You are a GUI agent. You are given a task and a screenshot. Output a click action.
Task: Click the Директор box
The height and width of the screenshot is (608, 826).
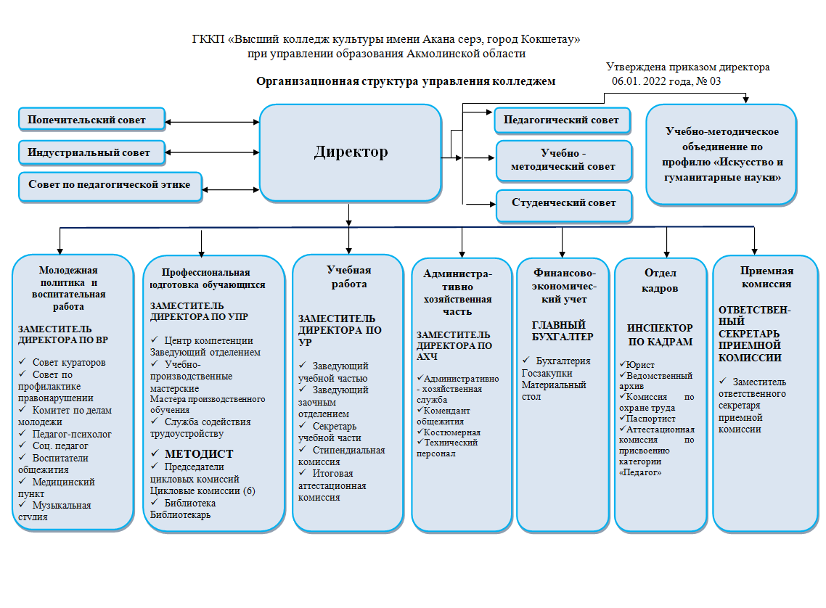(351, 152)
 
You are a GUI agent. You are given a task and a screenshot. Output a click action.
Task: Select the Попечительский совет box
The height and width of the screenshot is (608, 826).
(91, 120)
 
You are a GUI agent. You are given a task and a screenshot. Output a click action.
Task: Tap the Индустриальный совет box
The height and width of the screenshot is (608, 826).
(91, 152)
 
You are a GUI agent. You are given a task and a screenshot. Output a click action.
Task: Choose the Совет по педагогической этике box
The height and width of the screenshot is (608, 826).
(110, 185)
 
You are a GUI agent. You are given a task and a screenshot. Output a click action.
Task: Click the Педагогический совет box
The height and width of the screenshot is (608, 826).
(562, 120)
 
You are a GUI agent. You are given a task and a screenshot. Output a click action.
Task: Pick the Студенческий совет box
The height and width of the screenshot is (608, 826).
(563, 203)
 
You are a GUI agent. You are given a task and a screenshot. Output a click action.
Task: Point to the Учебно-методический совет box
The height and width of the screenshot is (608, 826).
(563, 160)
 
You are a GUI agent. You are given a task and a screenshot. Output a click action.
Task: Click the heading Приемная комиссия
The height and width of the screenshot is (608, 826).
(756, 277)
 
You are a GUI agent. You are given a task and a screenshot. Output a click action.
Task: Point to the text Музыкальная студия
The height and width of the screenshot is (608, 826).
(62, 511)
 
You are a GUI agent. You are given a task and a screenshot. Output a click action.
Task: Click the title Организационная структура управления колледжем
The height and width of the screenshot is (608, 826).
(406, 82)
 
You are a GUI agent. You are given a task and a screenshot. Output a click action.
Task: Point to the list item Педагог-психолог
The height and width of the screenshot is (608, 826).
(72, 433)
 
